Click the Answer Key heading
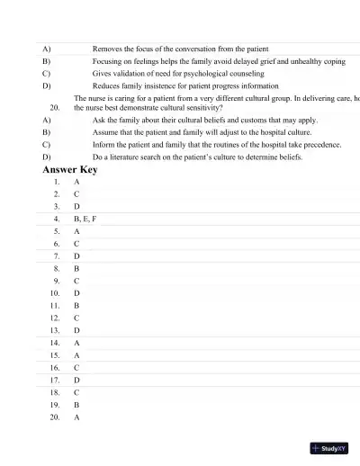[69, 169]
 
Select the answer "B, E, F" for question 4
[85, 219]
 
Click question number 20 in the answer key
[55, 417]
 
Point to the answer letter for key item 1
[76, 182]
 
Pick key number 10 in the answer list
[55, 293]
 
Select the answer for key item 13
[76, 330]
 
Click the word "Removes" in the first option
[107, 49]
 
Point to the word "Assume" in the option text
[106, 131]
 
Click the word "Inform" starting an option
[104, 144]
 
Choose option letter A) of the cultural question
[46, 119]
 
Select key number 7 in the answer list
[57, 255]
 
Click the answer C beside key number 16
[76, 368]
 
